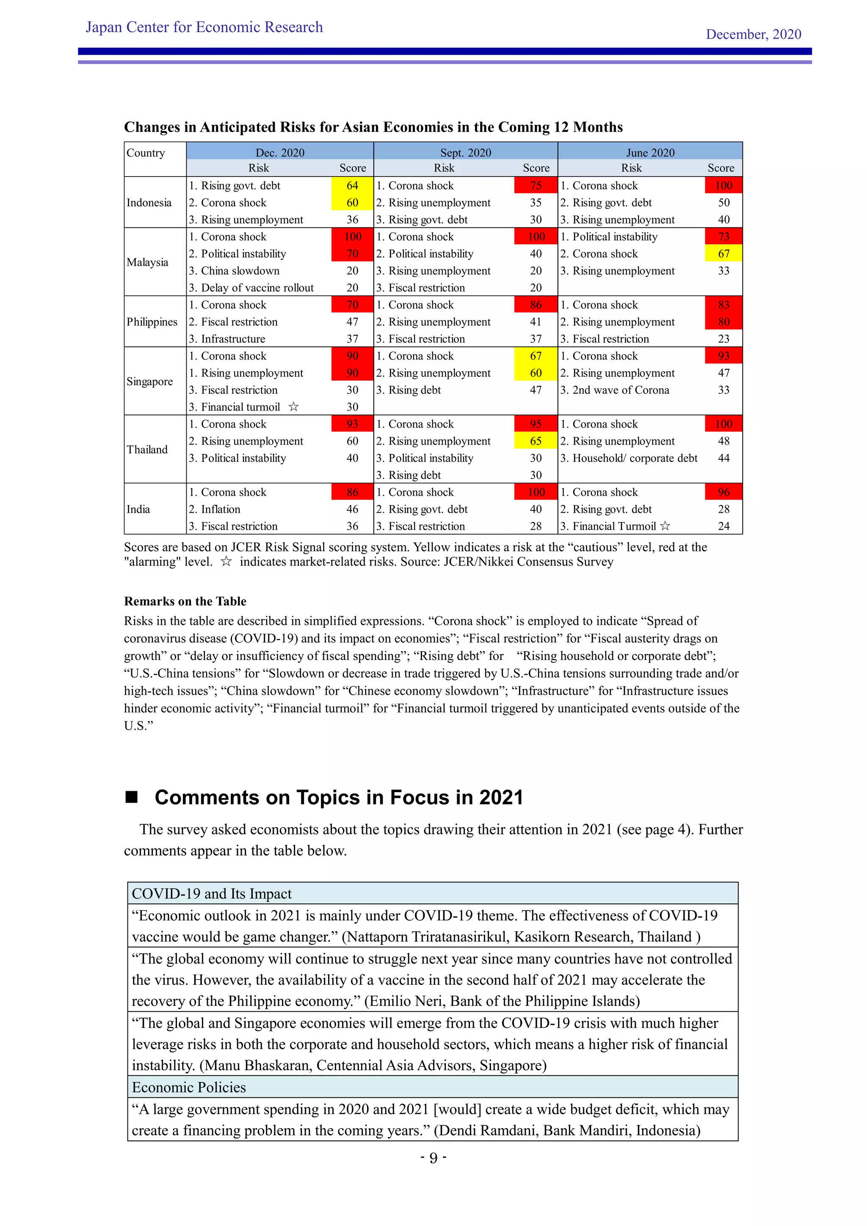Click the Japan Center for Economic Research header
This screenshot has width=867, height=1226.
(204, 27)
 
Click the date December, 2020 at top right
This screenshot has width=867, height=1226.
(753, 34)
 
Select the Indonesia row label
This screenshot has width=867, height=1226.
(149, 202)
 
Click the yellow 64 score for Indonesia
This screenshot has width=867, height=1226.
(352, 185)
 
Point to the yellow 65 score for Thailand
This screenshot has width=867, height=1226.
(536, 441)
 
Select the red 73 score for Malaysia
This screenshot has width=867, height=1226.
(723, 237)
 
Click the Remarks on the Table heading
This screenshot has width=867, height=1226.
(185, 601)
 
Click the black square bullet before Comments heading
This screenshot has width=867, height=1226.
(131, 797)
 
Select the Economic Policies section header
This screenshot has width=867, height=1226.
(188, 1087)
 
